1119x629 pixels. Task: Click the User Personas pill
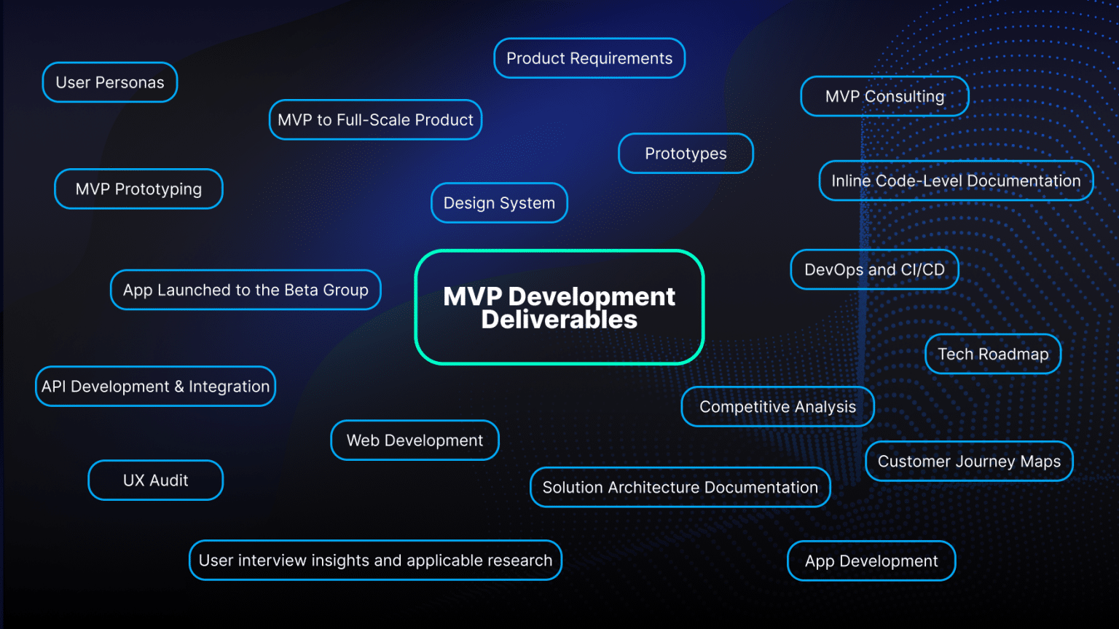coord(110,82)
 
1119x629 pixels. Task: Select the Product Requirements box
coord(589,58)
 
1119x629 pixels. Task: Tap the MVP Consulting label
coord(884,96)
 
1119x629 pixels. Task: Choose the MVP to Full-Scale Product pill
coord(375,120)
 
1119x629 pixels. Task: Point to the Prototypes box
coord(686,154)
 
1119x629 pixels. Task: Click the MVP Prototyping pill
coord(138,189)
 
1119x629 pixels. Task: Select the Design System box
coord(499,203)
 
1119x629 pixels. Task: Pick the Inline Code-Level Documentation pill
coord(956,181)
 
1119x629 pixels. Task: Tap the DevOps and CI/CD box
coord(874,269)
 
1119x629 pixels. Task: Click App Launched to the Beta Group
coord(246,290)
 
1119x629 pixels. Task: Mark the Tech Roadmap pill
coord(993,354)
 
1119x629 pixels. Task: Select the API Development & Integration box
coord(155,387)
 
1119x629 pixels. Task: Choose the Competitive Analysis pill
coord(777,407)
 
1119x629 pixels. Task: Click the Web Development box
coord(415,440)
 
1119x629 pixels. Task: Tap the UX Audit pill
coord(155,480)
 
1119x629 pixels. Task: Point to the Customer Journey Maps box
coord(969,462)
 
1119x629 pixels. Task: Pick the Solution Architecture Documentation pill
coord(680,488)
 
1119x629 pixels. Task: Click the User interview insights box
coord(375,561)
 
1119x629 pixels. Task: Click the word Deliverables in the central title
coord(559,320)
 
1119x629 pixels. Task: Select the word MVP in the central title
coord(472,296)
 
